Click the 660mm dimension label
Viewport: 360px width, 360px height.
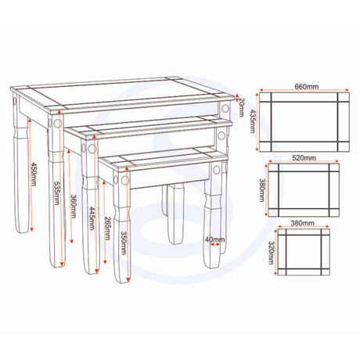306,86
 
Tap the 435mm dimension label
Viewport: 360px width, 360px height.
253,121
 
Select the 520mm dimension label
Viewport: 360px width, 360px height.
304,158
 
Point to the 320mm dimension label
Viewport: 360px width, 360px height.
272,253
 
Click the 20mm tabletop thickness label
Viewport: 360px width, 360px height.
240,107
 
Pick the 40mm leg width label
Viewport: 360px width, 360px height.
214,239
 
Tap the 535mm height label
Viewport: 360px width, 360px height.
57,193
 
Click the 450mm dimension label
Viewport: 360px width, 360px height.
34,174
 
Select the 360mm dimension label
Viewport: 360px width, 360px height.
74,207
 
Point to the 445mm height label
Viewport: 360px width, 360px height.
92,218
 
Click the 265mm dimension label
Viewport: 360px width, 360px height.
107,228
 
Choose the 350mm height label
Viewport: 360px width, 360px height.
124,243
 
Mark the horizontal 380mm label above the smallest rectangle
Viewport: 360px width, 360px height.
302,223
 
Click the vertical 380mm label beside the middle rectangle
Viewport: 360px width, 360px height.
262,190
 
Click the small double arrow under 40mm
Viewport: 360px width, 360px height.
215,244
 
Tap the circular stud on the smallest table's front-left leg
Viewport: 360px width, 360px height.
125,180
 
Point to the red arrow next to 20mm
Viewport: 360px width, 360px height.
236,97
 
